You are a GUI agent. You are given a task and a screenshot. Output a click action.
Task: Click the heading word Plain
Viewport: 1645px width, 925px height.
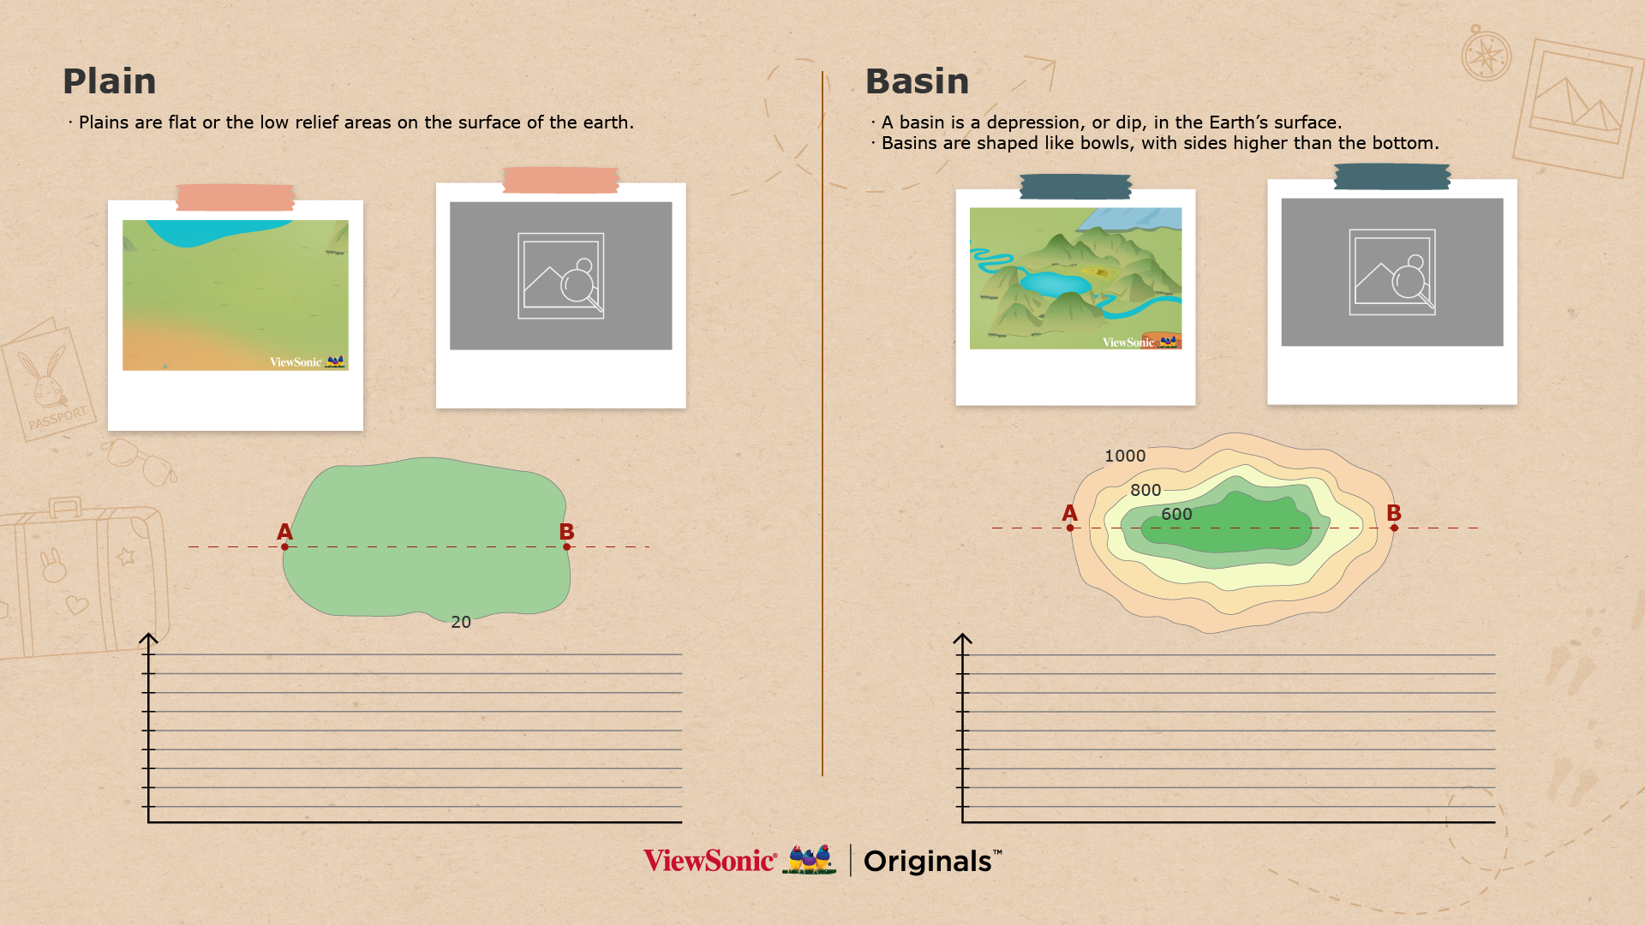pos(109,81)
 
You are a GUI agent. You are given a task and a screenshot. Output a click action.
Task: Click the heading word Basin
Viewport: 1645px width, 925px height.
pos(917,81)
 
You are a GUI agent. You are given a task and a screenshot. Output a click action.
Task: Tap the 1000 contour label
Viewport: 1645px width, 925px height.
pos(1125,456)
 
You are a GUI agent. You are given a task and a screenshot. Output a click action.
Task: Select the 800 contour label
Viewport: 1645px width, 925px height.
pos(1146,490)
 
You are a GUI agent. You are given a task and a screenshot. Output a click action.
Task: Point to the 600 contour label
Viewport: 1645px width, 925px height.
pos(1176,514)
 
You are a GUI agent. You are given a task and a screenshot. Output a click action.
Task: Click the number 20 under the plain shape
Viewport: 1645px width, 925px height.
pos(461,622)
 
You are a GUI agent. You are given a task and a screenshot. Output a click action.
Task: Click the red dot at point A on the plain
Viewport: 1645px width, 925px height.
pos(284,546)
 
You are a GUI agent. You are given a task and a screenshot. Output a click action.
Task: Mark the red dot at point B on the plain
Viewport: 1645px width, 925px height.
pos(566,546)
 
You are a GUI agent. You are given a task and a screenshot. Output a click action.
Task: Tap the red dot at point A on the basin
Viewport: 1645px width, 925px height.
pos(1070,528)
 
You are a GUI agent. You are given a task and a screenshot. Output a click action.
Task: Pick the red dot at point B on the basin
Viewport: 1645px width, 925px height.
pos(1394,528)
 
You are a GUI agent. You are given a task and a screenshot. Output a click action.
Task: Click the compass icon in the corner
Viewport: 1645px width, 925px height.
pos(1486,55)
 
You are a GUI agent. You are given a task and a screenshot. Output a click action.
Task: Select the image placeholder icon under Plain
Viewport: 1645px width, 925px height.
pos(561,276)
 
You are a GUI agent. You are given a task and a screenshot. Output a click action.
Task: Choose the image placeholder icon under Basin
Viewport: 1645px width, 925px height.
pos(1392,272)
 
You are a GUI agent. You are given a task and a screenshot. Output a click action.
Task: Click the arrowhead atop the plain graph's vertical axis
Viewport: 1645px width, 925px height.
pos(148,638)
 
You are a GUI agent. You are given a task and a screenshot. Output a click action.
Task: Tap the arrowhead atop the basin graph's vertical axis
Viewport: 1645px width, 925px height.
pos(962,638)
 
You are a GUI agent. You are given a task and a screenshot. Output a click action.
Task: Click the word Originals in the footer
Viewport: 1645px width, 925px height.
pos(927,861)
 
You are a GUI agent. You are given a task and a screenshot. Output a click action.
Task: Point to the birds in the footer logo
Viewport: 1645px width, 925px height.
pos(810,859)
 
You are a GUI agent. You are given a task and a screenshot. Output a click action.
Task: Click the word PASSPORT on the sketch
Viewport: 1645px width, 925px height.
pos(57,418)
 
